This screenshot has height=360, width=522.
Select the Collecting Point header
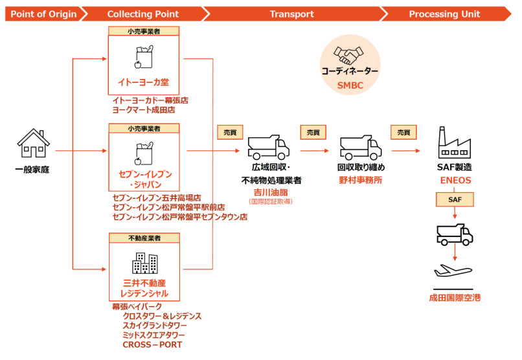pos(142,14)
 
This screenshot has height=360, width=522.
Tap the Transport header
pos(291,14)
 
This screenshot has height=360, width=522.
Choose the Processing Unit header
pos(444,14)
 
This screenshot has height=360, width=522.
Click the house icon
pos(33,143)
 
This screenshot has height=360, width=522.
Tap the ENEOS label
pos(455,180)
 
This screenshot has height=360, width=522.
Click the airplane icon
pos(455,271)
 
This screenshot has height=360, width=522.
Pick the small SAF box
pos(455,201)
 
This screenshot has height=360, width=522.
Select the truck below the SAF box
pos(455,234)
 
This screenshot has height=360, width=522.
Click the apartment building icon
pos(144,263)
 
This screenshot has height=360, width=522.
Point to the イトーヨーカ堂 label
pos(144,82)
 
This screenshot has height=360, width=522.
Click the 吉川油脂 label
pos(270,192)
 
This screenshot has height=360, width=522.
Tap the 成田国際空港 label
pos(455,298)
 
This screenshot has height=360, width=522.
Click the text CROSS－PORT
pos(152,344)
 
